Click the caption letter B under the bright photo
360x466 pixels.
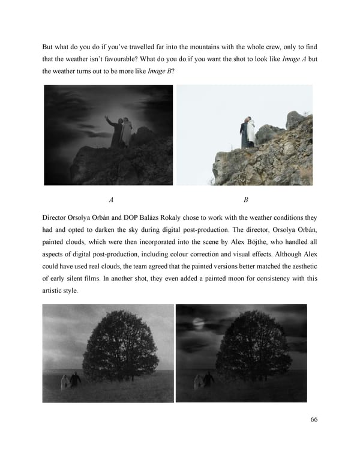coord(246,199)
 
